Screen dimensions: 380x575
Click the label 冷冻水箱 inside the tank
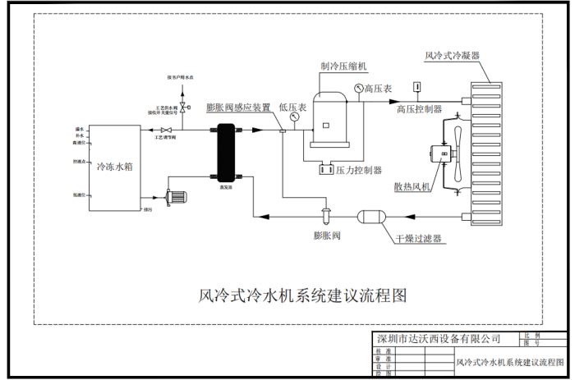[x=114, y=166]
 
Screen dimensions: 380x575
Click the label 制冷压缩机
[x=344, y=65]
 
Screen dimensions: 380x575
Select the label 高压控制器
[x=419, y=108]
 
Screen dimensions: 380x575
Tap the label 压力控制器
[x=360, y=171]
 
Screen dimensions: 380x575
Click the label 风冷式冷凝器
[x=453, y=56]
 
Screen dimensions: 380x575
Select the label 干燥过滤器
[x=418, y=239]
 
